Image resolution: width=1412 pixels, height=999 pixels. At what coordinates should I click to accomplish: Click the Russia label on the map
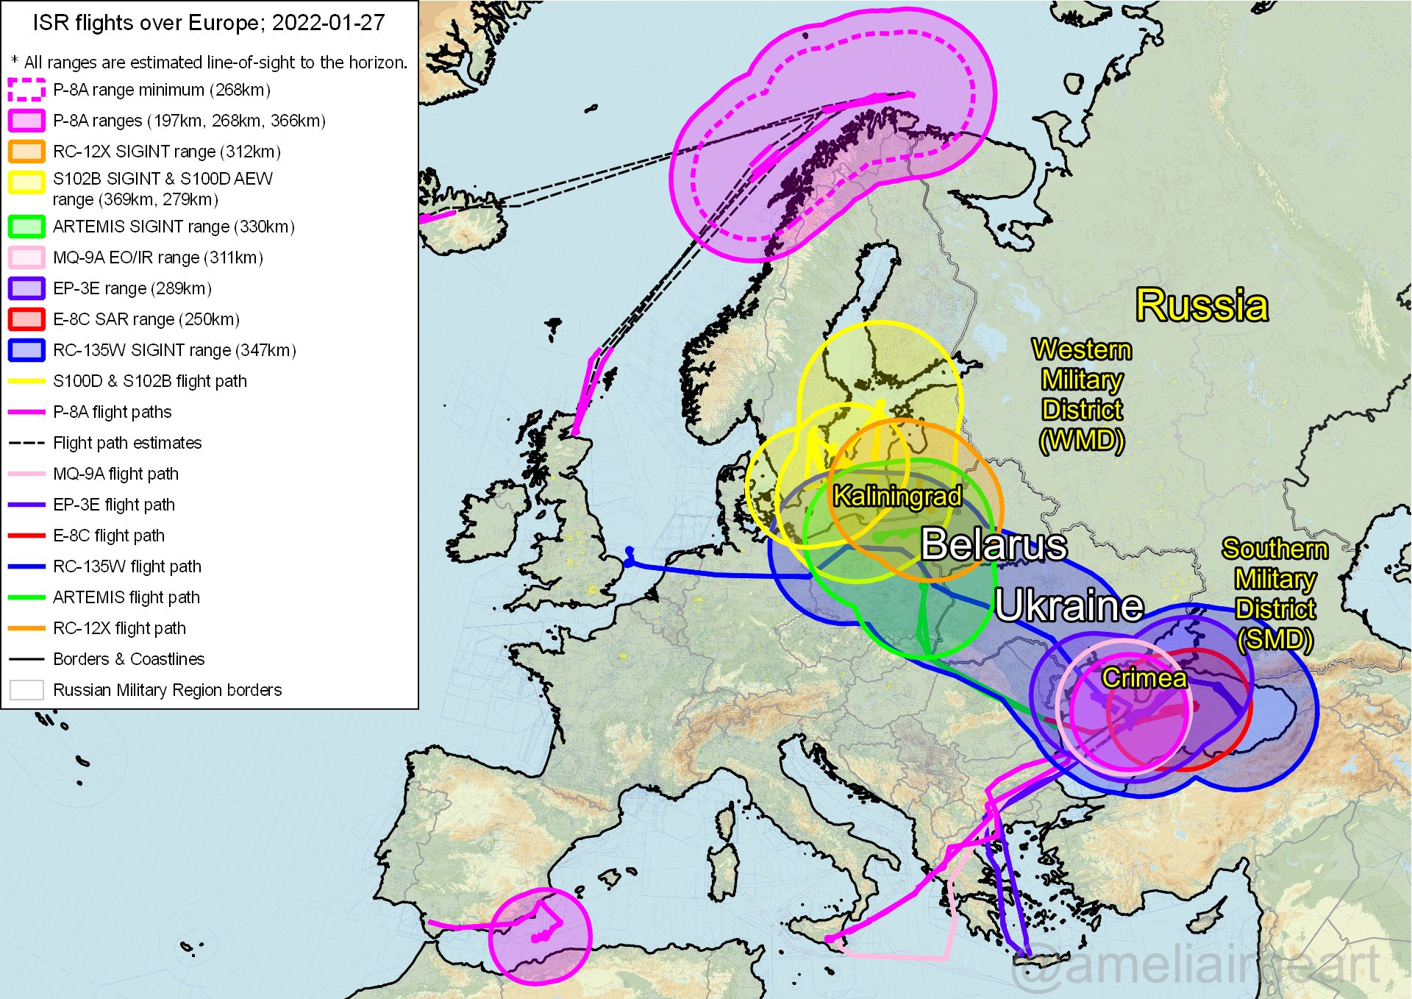tap(1202, 305)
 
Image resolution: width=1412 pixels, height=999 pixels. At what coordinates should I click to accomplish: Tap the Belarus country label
tap(994, 545)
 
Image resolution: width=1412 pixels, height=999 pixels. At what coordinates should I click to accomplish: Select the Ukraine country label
tap(1069, 606)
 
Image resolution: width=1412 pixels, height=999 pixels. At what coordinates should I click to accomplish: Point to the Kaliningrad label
tap(896, 497)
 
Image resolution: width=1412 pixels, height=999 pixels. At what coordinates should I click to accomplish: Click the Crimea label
tap(1144, 678)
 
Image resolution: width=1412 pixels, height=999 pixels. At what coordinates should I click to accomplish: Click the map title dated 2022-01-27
tap(209, 23)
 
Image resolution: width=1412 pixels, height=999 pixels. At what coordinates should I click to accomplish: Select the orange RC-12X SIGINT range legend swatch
tap(26, 152)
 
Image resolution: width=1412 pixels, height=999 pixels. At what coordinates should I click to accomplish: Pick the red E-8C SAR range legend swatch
tap(26, 319)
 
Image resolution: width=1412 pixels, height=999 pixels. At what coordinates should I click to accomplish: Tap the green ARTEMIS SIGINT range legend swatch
tap(26, 227)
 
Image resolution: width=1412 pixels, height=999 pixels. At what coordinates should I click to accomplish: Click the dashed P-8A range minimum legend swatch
tap(26, 90)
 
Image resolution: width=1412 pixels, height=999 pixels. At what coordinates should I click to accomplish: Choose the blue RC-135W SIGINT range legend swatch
tap(26, 350)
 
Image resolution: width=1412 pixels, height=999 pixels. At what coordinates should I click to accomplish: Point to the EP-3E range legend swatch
tap(26, 288)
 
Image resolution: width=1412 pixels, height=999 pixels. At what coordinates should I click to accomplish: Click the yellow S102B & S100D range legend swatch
tap(26, 182)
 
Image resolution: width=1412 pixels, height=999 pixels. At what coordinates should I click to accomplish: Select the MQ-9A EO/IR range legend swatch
tap(26, 257)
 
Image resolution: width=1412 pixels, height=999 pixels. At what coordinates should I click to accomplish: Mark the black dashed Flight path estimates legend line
tap(26, 443)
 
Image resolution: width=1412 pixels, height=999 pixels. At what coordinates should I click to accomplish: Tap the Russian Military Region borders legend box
tap(26, 690)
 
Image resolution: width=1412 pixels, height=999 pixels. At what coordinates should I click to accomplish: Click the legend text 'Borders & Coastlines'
tap(129, 659)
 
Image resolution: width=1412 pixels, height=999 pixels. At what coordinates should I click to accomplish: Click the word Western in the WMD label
tap(1081, 350)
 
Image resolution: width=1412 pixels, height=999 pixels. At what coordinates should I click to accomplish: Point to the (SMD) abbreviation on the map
tap(1274, 639)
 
